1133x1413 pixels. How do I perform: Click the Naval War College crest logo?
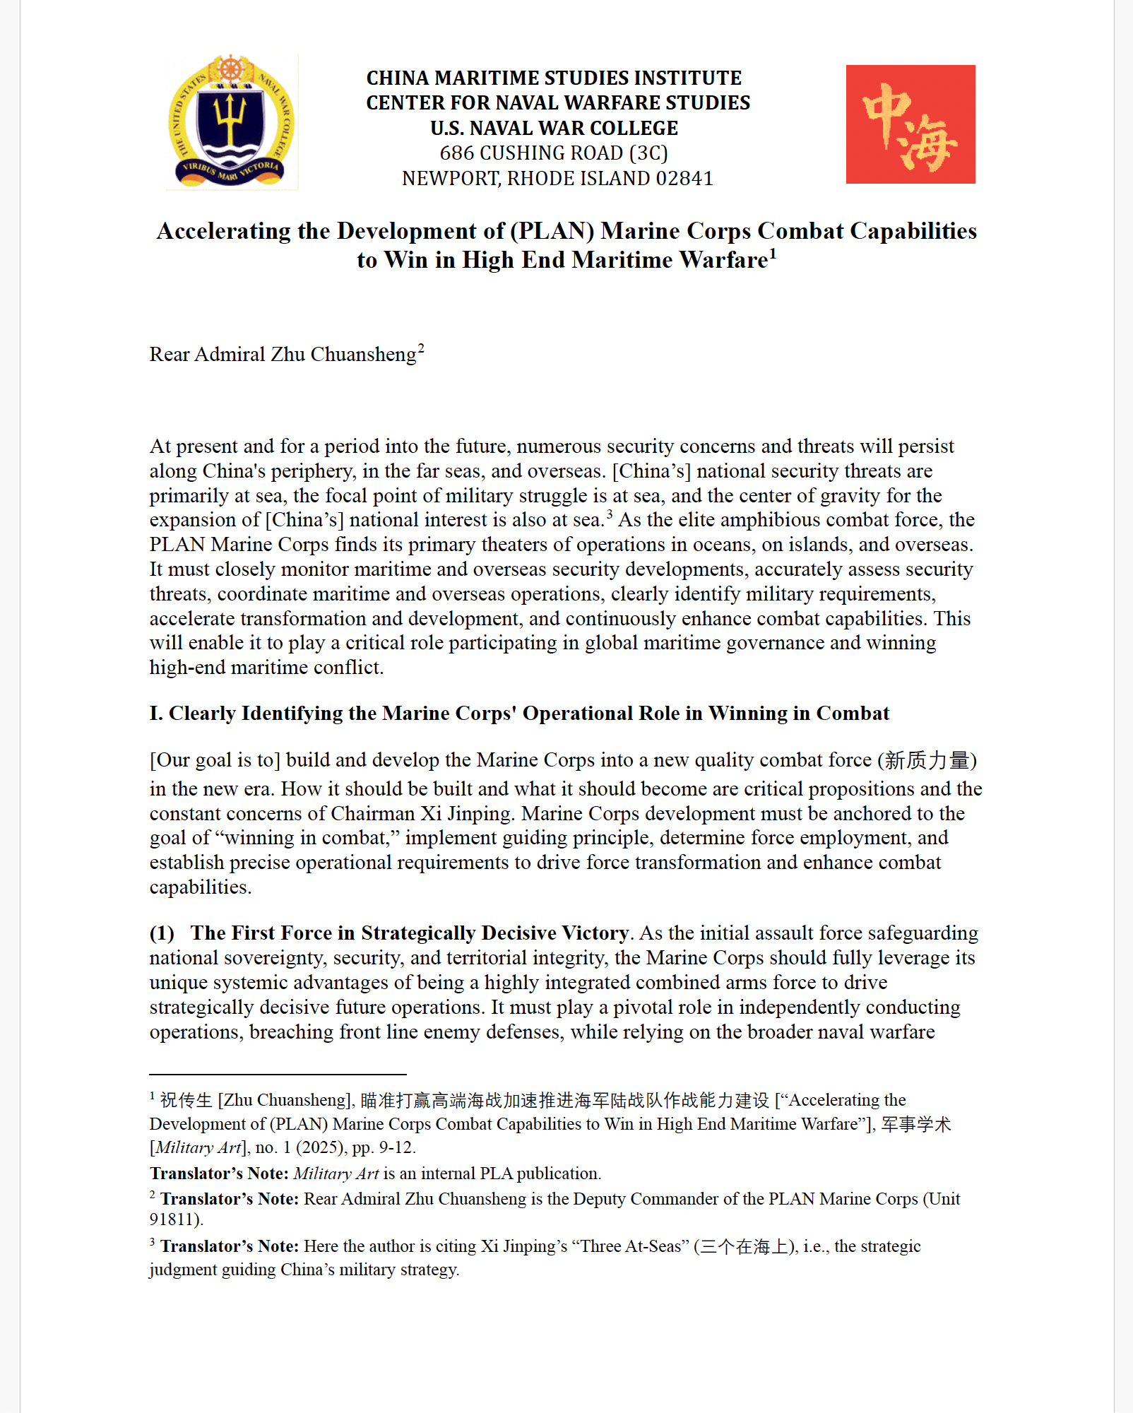(x=232, y=122)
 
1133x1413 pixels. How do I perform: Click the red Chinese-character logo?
(x=910, y=124)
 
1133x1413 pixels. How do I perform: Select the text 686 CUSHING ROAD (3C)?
(x=553, y=153)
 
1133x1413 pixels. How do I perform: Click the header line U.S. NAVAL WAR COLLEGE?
(x=554, y=128)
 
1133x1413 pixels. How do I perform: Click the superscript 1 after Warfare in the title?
(x=773, y=253)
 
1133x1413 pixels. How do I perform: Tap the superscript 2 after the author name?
(x=421, y=348)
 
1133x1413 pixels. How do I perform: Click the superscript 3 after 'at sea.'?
(x=609, y=514)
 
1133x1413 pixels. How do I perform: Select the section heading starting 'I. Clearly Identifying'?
(x=519, y=713)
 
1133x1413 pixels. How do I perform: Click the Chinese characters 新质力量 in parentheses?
(x=927, y=760)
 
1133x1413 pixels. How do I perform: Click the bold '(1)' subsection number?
(x=162, y=933)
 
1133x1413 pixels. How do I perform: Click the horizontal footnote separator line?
(x=278, y=1075)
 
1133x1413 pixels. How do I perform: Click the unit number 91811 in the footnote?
(x=173, y=1219)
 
